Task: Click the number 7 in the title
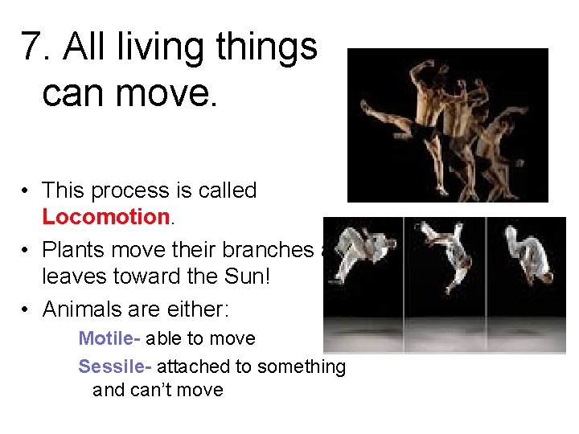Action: [32, 47]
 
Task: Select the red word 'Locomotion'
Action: [105, 217]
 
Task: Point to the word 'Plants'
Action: [74, 251]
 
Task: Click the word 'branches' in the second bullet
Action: [269, 251]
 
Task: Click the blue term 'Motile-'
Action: [109, 338]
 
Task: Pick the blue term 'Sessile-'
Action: [115, 367]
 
